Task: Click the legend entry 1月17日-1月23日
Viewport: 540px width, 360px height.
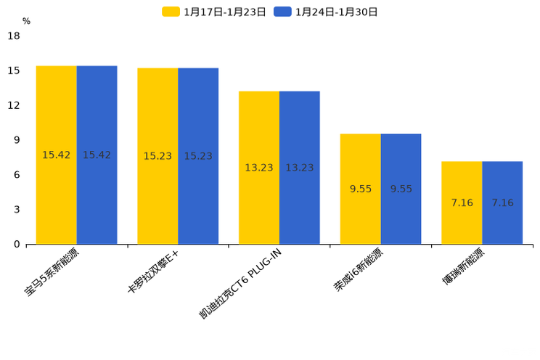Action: (214, 12)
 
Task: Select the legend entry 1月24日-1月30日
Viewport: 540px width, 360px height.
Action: (326, 12)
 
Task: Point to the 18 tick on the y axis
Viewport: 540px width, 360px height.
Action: (14, 36)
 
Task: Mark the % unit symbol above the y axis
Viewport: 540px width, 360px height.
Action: (26, 22)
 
